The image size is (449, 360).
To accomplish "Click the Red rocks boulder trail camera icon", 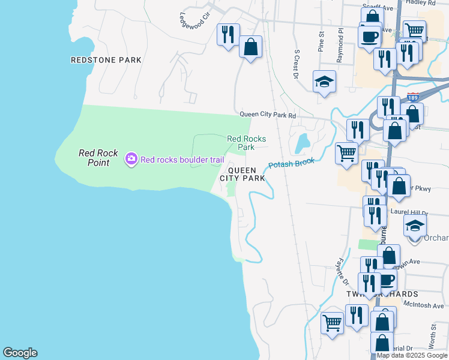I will click(x=131, y=159).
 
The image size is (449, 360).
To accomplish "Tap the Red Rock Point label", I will click(x=94, y=158).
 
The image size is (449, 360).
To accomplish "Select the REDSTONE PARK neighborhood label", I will click(x=106, y=60).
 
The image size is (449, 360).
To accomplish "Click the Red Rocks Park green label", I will click(x=246, y=143).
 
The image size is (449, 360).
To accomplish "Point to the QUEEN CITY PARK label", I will click(x=242, y=174).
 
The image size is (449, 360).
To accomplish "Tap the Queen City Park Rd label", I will click(x=268, y=115).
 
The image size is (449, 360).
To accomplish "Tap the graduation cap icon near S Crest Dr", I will click(x=324, y=82).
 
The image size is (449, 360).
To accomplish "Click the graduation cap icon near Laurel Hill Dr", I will click(x=414, y=227).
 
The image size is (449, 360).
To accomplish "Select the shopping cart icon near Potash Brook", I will click(x=346, y=152).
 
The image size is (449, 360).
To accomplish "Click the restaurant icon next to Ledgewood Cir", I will click(x=228, y=34).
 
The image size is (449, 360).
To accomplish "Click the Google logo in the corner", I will click(x=20, y=353).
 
